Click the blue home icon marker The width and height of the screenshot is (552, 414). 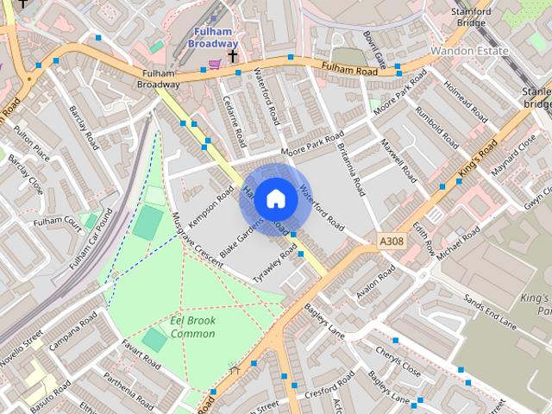click(x=275, y=198)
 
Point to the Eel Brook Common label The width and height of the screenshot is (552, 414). click(x=192, y=327)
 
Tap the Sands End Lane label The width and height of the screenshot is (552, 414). click(x=489, y=311)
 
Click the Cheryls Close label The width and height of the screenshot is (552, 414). click(x=398, y=363)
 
